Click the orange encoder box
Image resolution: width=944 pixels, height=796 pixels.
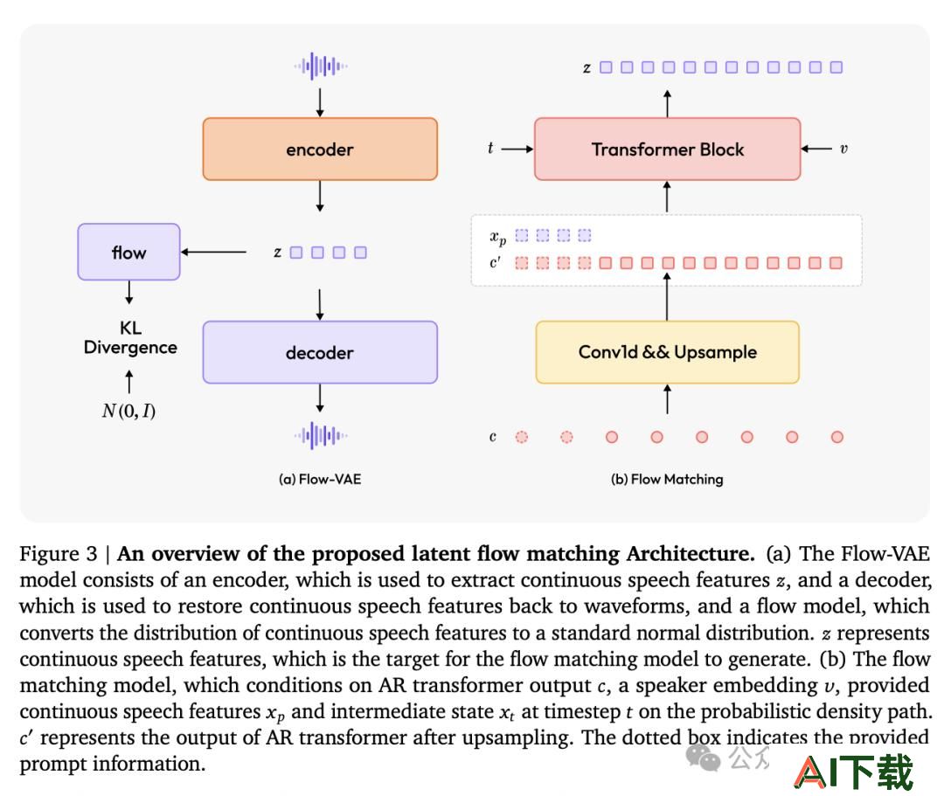(320, 149)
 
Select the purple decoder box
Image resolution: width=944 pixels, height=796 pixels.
(320, 352)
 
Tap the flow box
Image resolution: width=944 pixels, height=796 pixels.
(128, 252)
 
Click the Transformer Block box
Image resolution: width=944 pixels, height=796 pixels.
(667, 149)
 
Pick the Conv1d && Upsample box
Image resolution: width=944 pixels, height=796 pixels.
(667, 352)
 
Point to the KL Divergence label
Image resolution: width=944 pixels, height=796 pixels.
(130, 337)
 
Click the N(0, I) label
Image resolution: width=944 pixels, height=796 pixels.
(128, 411)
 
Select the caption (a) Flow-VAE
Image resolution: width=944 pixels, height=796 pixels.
(320, 479)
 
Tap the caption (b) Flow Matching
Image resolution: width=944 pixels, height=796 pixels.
(667, 479)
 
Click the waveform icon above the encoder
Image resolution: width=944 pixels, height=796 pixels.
(320, 66)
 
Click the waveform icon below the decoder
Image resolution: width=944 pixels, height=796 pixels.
(320, 435)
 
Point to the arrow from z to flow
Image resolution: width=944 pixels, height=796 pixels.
(213, 252)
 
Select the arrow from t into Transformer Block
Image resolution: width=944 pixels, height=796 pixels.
(517, 149)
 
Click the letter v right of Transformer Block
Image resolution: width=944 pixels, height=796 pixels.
(843, 149)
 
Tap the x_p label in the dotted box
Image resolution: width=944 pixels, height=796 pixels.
(498, 237)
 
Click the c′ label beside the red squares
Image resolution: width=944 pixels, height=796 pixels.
(495, 262)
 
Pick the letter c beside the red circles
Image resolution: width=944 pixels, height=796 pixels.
(492, 437)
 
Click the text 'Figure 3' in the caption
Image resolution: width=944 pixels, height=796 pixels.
(59, 553)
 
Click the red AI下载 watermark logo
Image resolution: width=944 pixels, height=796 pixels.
(854, 772)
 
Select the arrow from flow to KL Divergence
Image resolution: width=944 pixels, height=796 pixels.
(128, 293)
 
